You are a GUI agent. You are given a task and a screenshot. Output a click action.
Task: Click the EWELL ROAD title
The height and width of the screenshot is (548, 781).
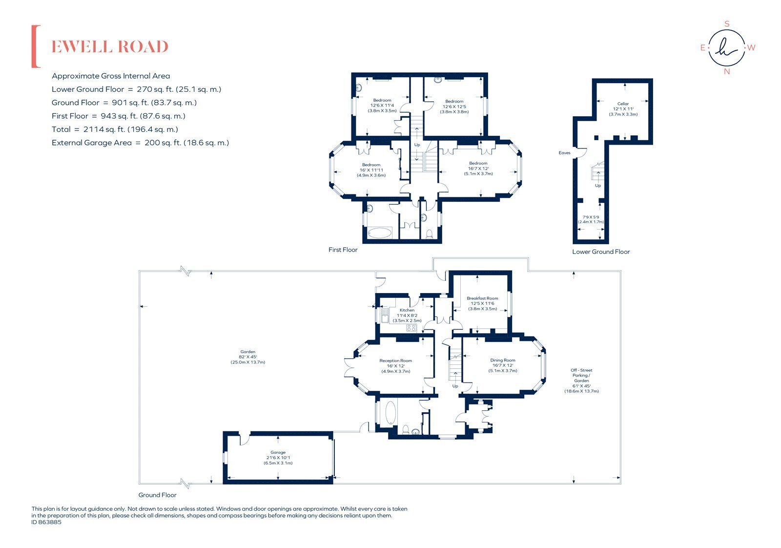coord(110,47)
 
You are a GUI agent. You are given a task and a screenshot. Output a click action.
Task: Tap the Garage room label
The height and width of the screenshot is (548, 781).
coord(278,452)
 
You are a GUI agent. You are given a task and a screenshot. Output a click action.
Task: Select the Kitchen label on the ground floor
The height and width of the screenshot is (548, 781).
coord(407,310)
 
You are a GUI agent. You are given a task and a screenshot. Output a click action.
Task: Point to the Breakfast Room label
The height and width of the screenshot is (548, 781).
coord(482,298)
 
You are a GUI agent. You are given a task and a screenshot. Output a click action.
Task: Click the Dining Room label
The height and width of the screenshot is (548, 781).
coord(502,360)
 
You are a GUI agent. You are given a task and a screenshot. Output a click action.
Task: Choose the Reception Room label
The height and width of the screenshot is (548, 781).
coord(395,360)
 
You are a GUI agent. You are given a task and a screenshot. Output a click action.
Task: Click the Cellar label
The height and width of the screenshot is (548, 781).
coord(623,104)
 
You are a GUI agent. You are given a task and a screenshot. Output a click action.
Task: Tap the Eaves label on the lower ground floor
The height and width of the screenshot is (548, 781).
coord(564,153)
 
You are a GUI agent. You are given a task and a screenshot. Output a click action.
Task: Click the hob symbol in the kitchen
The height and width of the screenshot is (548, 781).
coord(411,328)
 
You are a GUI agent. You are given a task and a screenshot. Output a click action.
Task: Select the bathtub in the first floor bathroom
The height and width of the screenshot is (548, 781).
coord(379,232)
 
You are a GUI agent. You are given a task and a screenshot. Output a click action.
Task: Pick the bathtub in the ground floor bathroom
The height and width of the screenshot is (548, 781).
coord(390,412)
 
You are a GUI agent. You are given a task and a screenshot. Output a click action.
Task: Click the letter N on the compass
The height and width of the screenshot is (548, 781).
coord(727,71)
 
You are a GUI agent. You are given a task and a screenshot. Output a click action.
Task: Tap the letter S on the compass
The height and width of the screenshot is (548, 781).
coord(727,24)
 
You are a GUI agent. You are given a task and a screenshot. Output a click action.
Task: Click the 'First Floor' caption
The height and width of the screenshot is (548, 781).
coord(343,250)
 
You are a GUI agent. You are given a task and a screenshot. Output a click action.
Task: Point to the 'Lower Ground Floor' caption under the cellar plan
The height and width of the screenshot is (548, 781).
coord(601,252)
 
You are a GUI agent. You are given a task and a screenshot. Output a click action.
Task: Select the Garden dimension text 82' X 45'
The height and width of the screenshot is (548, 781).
coord(247,357)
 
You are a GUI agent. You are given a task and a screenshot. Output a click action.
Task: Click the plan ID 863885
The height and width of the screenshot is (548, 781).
coord(46,522)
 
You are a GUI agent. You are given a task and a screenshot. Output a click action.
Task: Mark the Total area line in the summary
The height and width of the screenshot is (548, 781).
coord(115,129)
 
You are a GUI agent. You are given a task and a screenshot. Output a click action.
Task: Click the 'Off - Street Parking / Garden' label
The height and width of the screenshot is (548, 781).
coord(581,375)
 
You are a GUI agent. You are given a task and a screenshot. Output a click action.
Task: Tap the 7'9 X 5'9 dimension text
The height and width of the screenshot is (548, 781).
coord(591,217)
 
